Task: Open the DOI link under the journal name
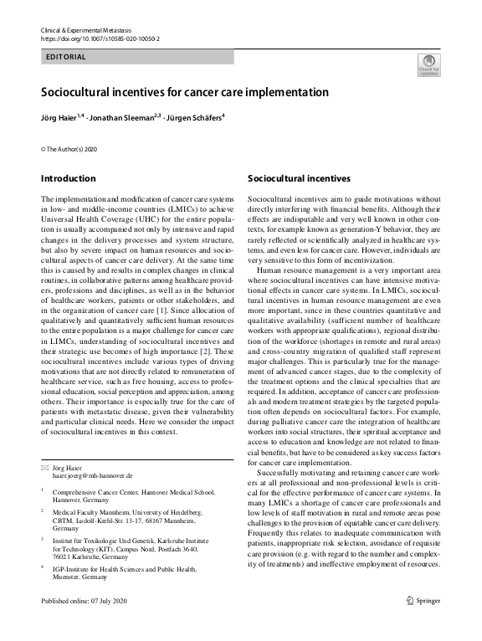pos(100,39)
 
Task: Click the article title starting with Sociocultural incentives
pos(185,92)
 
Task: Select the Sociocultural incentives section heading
pos(299,178)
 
